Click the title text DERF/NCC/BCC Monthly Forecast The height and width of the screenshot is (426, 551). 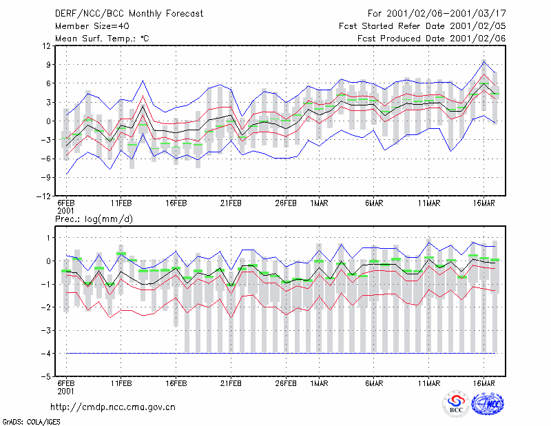[x=129, y=14]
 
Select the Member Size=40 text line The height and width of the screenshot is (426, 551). [x=92, y=26]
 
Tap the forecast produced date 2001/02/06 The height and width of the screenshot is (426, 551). [x=477, y=39]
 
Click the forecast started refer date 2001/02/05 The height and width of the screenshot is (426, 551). [x=477, y=26]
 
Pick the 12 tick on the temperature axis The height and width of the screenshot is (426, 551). [x=47, y=45]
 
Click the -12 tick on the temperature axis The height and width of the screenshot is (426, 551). [x=44, y=196]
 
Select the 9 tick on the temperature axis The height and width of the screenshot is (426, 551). [x=48, y=65]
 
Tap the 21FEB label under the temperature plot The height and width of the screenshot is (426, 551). [x=231, y=203]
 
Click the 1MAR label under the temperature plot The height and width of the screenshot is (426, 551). [x=319, y=203]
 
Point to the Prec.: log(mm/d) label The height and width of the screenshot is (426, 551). [x=94, y=219]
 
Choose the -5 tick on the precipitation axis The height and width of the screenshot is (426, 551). [x=46, y=376]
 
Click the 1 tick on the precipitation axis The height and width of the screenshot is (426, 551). [x=49, y=238]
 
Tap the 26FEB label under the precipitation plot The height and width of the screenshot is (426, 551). [x=286, y=383]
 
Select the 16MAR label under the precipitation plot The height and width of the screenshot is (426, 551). [x=484, y=383]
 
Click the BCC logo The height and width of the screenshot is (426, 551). [x=456, y=404]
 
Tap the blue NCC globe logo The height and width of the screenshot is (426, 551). [x=488, y=403]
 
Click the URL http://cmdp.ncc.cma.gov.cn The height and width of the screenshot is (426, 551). [x=113, y=407]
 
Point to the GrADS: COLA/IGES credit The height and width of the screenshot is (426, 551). [x=31, y=422]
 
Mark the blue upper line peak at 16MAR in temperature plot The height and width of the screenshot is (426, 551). [x=484, y=62]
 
